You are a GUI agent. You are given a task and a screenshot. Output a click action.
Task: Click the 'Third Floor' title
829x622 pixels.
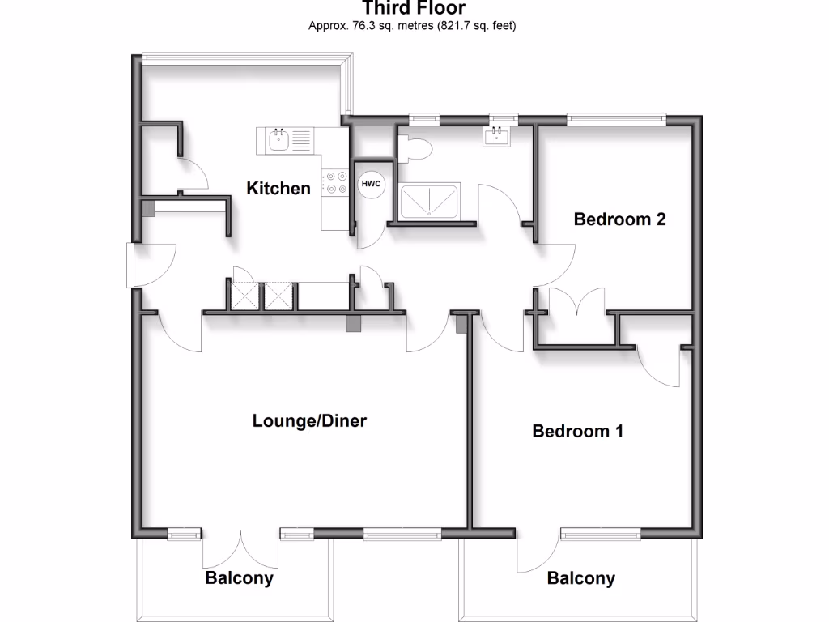coord(413,9)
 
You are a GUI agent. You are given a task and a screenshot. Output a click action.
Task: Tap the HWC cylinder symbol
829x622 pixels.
coord(371,184)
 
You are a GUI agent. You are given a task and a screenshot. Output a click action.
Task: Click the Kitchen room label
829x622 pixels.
coord(278,189)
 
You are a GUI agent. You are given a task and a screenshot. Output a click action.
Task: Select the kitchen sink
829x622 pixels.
coord(279,141)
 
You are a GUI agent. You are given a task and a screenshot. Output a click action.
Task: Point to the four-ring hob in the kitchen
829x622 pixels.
coord(331,185)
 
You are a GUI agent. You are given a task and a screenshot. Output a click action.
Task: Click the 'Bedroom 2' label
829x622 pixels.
coord(619,219)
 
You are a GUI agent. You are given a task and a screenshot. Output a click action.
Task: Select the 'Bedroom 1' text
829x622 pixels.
coord(577,431)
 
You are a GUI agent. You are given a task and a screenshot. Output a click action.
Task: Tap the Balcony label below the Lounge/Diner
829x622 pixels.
coord(239,578)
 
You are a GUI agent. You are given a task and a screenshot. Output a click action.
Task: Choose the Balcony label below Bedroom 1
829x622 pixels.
coord(580,578)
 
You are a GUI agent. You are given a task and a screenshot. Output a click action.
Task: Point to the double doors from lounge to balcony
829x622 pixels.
coord(240,550)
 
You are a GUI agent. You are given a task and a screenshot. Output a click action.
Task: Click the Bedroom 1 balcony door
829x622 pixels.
coord(538,553)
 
